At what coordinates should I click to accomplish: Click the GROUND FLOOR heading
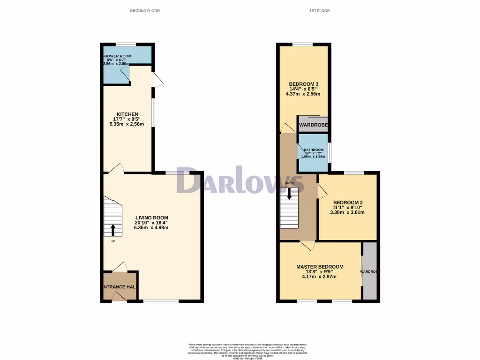tap(144, 10)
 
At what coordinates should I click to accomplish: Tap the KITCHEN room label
tap(127, 114)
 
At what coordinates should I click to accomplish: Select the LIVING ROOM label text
tap(151, 217)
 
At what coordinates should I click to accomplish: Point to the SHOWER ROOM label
tap(118, 56)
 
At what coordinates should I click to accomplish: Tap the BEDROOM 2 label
tap(348, 202)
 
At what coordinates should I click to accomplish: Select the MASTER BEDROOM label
tap(320, 267)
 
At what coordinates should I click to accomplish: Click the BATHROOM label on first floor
tap(313, 150)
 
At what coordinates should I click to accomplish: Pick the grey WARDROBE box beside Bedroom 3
tap(313, 124)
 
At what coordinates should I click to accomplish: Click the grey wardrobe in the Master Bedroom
tap(370, 271)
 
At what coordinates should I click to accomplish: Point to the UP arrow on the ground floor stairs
tap(112, 230)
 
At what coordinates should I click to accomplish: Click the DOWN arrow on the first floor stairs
tap(289, 193)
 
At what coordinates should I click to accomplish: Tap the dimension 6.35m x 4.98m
tap(151, 227)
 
